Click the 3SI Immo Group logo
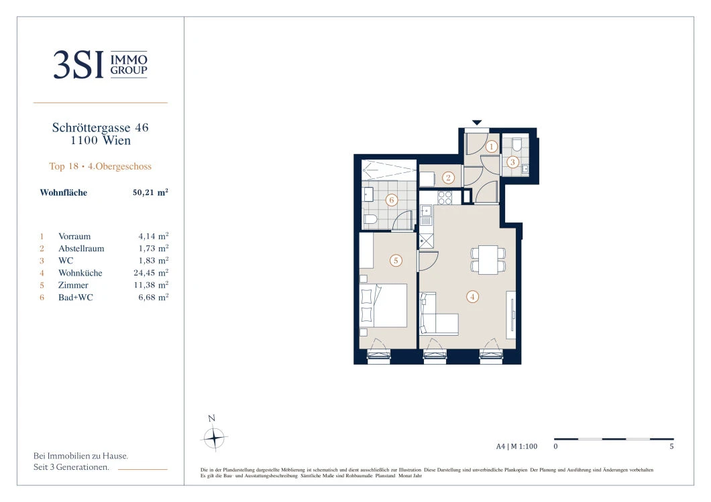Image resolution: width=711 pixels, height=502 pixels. point(100,64)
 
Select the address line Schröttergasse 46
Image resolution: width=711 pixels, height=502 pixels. point(100,127)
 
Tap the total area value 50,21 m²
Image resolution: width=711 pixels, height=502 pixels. point(150,192)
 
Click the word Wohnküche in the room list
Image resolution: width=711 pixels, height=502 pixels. point(80,273)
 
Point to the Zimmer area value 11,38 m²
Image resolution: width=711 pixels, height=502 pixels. point(151,285)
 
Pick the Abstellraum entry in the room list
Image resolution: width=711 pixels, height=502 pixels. point(81,248)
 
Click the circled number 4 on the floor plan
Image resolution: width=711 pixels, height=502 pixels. point(472,297)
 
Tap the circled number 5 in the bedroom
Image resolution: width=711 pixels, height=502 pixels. point(396,261)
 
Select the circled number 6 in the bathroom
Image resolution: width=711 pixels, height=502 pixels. point(392,200)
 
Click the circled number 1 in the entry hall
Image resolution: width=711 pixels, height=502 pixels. point(491,146)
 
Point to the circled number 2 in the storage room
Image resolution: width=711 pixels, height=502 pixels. point(449,178)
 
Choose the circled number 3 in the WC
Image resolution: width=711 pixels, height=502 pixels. point(513,162)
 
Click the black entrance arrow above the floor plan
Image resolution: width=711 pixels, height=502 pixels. point(476,123)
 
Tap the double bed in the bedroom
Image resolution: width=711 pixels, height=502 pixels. point(383,306)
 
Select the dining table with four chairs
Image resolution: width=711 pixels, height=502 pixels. point(488,259)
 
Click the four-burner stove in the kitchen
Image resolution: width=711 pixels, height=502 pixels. point(444,198)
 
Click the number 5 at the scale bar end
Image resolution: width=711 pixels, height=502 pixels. point(671,446)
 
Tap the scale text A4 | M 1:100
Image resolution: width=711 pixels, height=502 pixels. point(516,446)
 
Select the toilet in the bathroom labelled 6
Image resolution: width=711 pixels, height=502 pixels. point(370,221)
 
